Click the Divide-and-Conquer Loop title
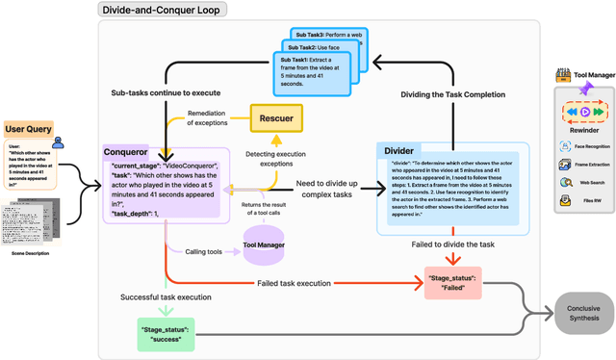160,10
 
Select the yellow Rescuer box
276,118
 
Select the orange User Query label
29,128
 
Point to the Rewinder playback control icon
584,112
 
